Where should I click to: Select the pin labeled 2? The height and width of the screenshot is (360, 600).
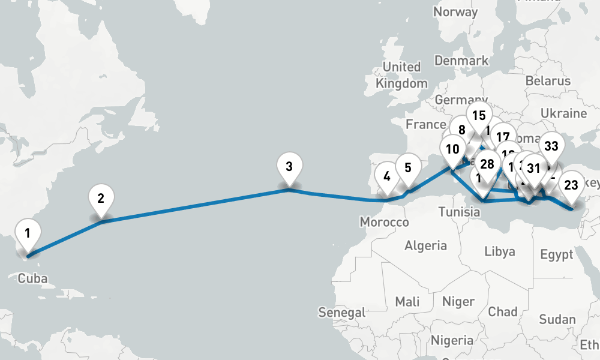(x=101, y=199)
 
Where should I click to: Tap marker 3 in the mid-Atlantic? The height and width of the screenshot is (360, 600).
(x=289, y=167)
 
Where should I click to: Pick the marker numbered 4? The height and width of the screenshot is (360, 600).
(x=386, y=176)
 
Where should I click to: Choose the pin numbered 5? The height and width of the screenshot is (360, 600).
(x=408, y=168)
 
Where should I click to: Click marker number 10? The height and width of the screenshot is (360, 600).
(x=452, y=149)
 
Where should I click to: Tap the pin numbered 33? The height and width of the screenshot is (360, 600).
(x=551, y=146)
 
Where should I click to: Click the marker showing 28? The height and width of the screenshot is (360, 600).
(x=487, y=164)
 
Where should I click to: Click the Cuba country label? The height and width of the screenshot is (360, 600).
(x=32, y=278)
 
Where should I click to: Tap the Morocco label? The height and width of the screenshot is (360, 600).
(x=384, y=223)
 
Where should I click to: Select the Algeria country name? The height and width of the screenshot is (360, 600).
(x=425, y=245)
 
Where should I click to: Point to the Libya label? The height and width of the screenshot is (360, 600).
(x=499, y=251)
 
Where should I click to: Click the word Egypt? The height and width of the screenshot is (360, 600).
(x=556, y=255)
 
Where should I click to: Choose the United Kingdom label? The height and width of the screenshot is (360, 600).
(x=401, y=75)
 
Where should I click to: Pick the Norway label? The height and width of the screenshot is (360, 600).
(x=455, y=12)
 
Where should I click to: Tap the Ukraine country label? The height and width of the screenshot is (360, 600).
(x=563, y=113)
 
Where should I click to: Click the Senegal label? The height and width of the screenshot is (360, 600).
(x=342, y=312)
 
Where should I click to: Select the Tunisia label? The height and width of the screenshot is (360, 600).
(x=458, y=212)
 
